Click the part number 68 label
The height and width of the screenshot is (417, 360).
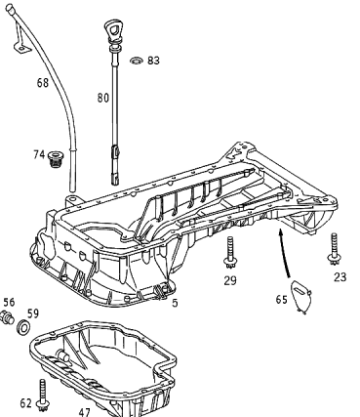[43, 83]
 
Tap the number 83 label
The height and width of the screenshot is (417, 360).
[153, 61]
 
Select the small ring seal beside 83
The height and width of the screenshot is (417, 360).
[137, 61]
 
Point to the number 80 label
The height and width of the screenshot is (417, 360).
[103, 98]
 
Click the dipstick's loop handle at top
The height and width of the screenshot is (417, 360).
[113, 29]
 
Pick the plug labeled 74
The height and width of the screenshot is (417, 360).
[55, 158]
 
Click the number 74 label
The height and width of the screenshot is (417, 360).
[39, 154]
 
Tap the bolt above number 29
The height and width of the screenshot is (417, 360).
[230, 253]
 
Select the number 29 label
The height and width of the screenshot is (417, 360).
[230, 280]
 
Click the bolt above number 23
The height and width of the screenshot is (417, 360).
[334, 249]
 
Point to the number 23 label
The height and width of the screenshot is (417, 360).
[340, 277]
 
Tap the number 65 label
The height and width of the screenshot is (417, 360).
[282, 299]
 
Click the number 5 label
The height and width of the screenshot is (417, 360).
[175, 303]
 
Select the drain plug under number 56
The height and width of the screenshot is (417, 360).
[7, 317]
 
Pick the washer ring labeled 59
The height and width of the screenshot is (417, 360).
[23, 327]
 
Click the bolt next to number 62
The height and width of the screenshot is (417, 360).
[43, 396]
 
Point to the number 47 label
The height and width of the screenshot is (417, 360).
[84, 412]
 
